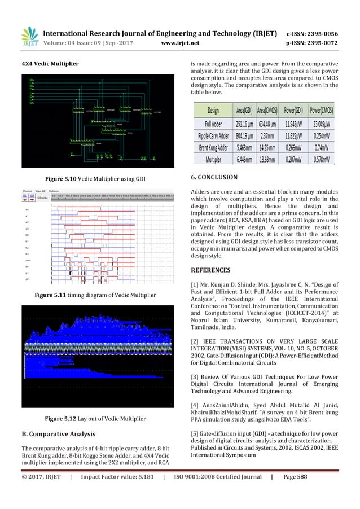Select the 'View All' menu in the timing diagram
click(x=40, y=191)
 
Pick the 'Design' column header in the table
click(x=213, y=110)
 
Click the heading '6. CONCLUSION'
click(x=214, y=179)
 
